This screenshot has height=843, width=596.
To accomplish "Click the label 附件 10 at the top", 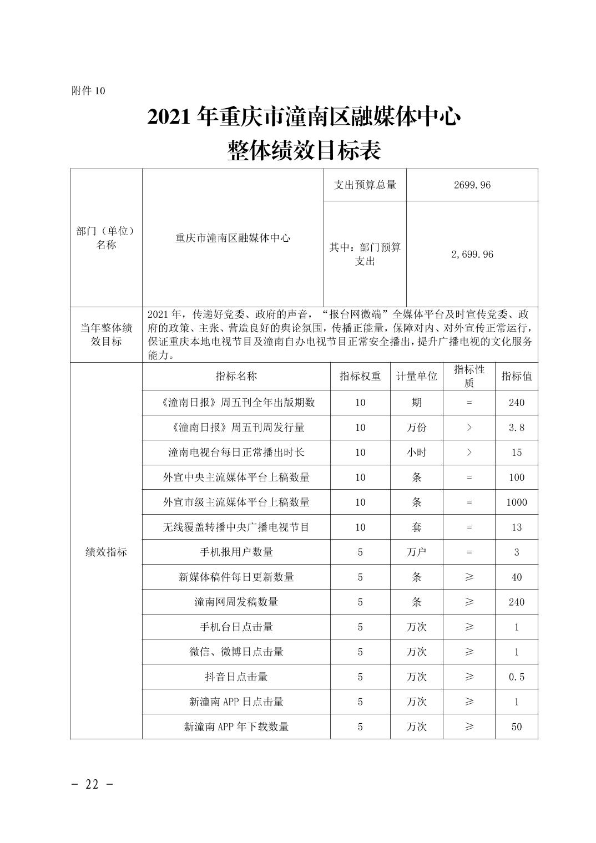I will tap(88, 91).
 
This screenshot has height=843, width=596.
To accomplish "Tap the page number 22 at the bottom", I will tap(92, 784).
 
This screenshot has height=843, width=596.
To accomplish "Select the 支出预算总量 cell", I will tap(365, 185).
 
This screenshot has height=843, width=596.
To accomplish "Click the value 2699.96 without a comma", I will tap(472, 185).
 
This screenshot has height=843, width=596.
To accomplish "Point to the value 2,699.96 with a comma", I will tap(472, 255).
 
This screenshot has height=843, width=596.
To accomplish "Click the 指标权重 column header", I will tap(360, 376).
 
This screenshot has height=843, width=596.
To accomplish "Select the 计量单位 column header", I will tap(416, 376).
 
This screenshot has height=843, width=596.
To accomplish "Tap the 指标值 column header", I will tap(516, 376).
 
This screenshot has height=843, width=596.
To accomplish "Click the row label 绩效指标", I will tap(106, 552).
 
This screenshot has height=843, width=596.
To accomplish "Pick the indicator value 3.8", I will tap(516, 428).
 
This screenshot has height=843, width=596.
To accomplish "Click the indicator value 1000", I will tap(516, 502).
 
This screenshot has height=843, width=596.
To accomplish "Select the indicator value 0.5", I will tap(516, 677).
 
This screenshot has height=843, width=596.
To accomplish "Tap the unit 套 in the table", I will tap(416, 527).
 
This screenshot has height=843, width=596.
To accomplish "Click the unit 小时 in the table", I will tap(416, 453).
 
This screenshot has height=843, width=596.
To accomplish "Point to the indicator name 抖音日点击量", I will tap(236, 677).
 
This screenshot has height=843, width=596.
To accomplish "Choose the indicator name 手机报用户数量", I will tap(236, 552).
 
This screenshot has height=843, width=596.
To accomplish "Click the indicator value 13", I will tap(516, 527).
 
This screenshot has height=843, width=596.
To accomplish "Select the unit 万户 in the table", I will tap(416, 552).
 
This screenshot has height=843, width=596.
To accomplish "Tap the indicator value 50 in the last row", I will tap(516, 727).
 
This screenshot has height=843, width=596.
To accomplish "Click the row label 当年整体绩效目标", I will tap(106, 334).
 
